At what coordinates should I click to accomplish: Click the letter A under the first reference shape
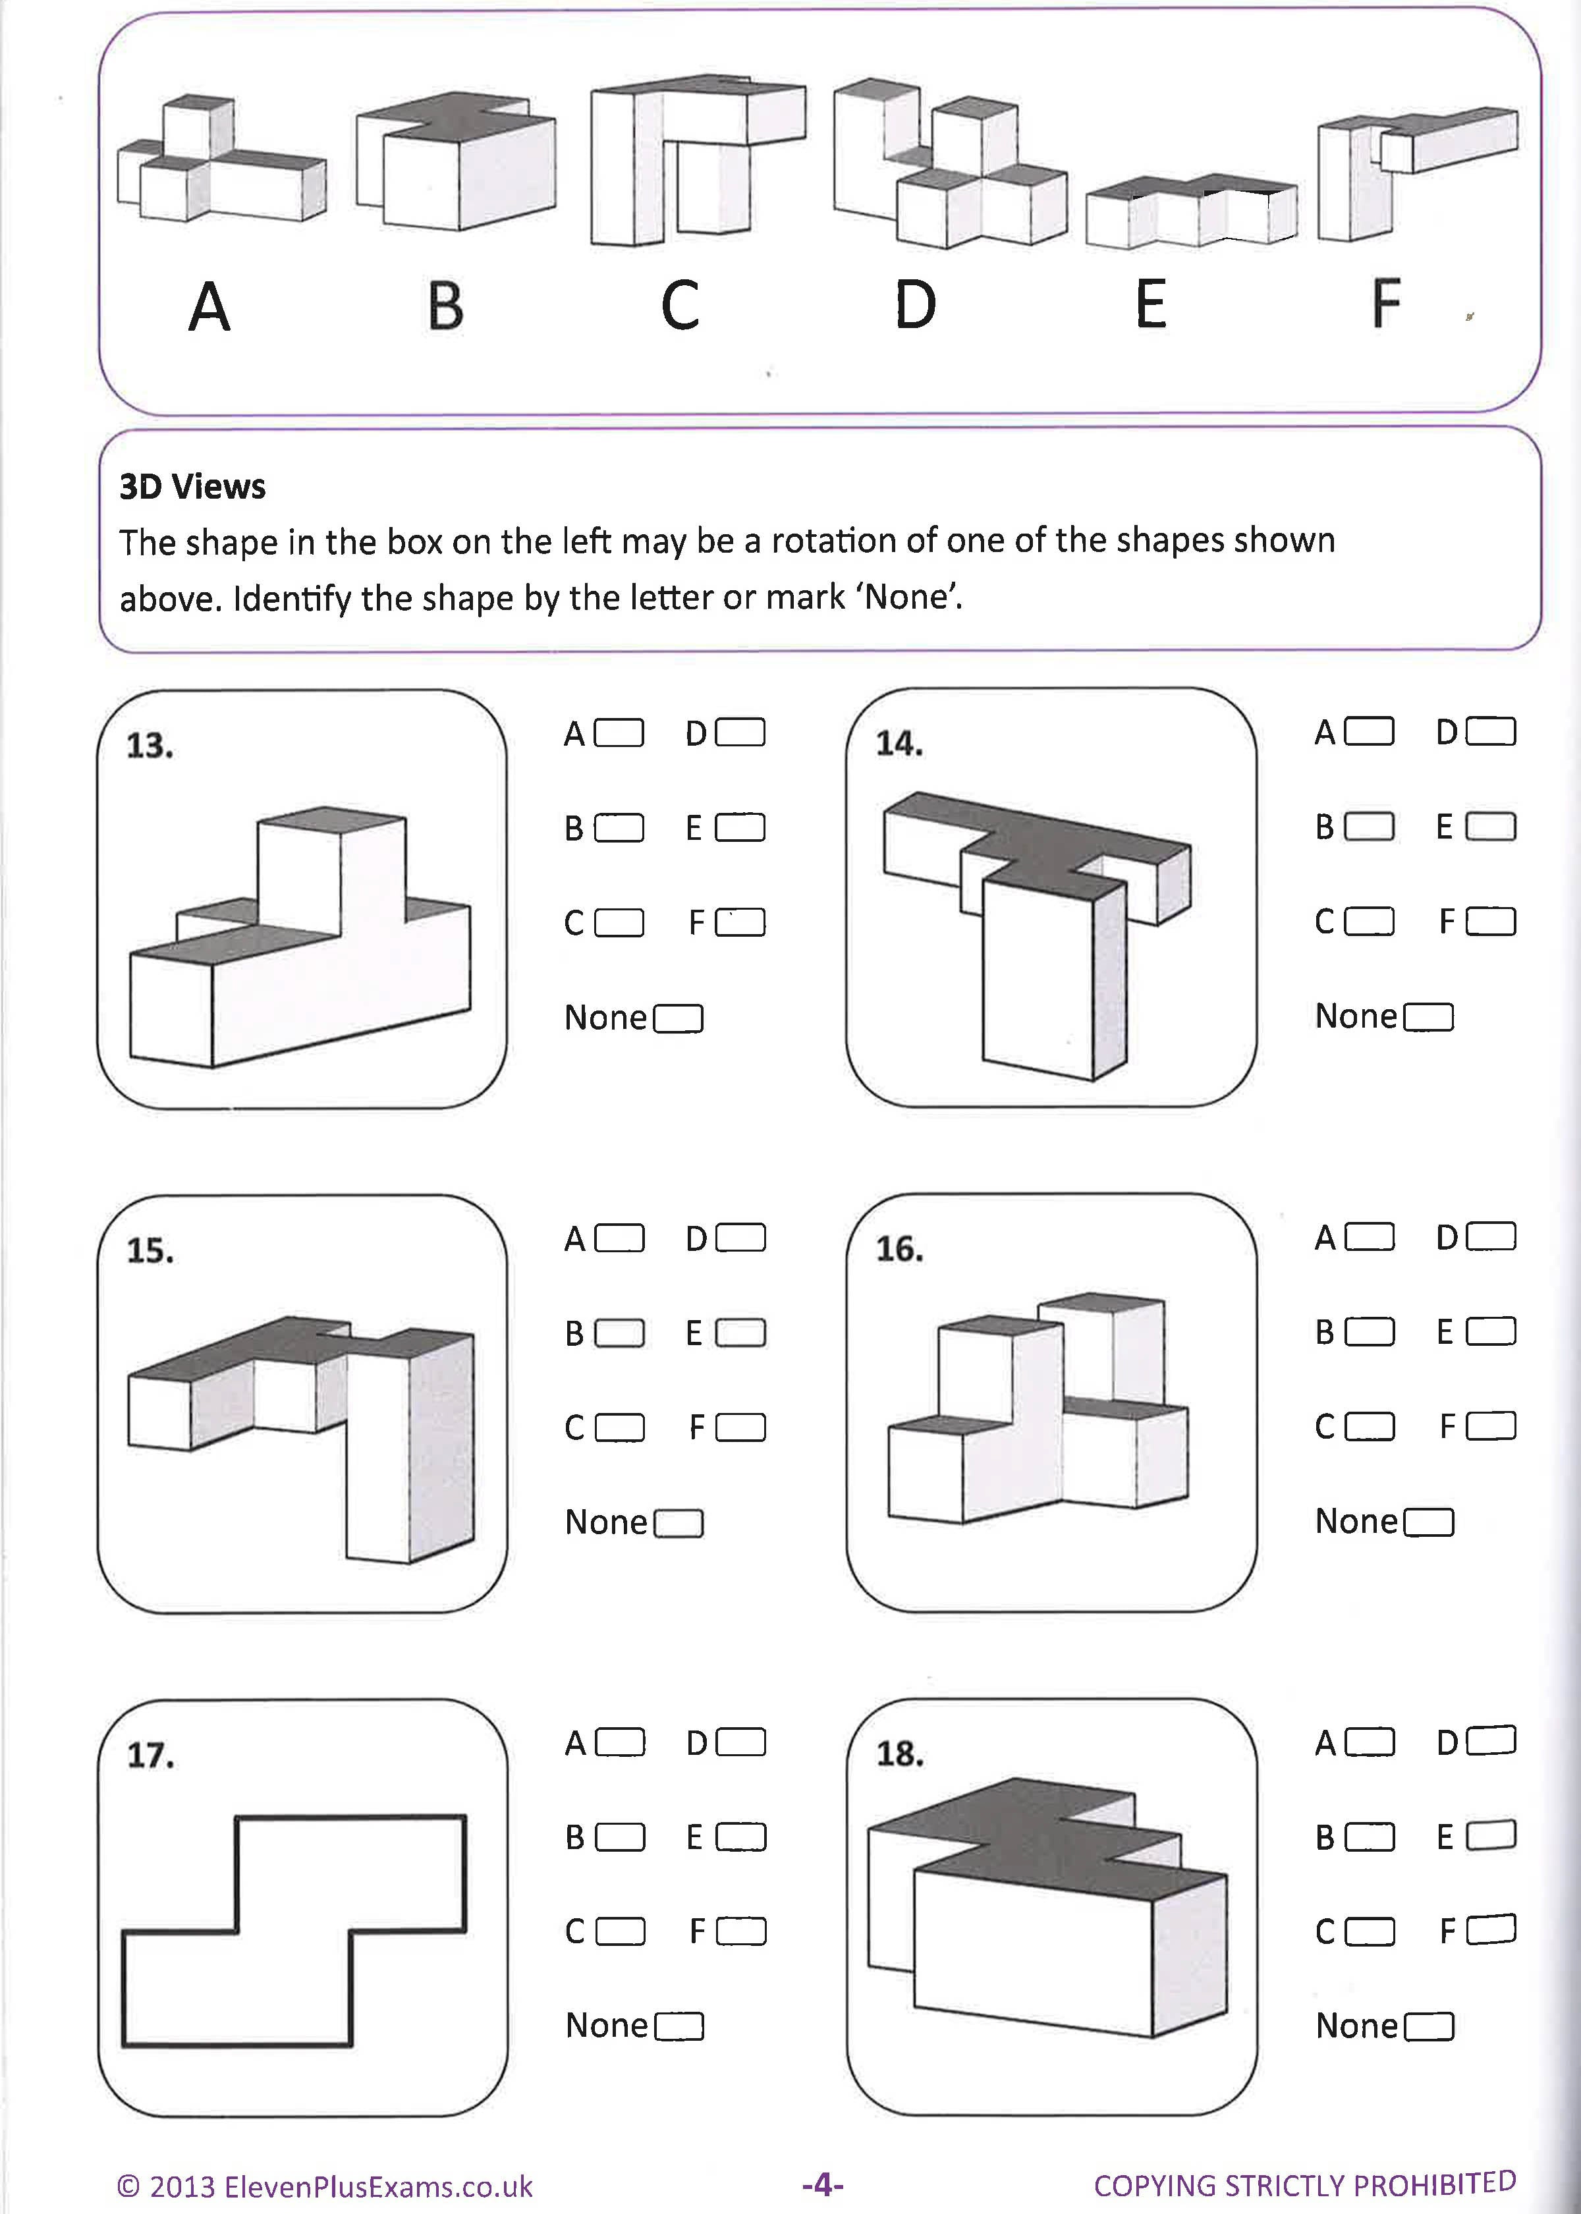coord(209,308)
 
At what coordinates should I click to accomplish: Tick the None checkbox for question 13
coord(679,1018)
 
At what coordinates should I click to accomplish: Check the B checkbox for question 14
coord(1369,827)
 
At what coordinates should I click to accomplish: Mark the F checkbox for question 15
coord(741,1427)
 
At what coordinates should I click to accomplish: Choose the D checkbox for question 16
coord(1491,1236)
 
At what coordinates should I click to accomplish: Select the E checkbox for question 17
coord(741,1837)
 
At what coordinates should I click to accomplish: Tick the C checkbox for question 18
coord(1369,1931)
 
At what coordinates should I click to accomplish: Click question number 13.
coord(150,746)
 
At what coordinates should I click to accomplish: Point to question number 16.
coord(899,1249)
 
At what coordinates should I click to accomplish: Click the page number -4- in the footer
coord(823,2185)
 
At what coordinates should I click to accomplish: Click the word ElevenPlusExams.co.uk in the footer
coord(377,2188)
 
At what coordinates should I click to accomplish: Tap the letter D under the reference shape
coord(915,305)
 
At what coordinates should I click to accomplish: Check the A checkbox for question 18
coord(1369,1741)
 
